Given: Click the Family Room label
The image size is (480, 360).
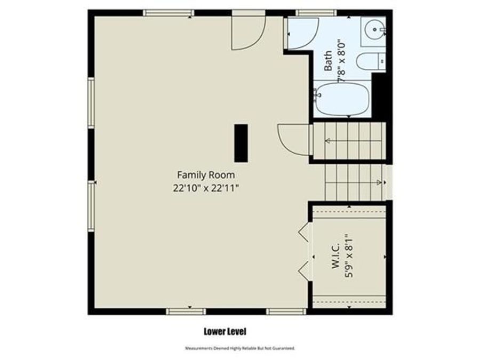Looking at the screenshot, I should click(x=205, y=174).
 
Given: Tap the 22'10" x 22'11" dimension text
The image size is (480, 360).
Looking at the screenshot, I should click(x=205, y=188).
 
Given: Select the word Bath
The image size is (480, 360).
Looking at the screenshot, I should click(x=328, y=60).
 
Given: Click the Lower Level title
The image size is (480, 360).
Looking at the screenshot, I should click(x=225, y=332).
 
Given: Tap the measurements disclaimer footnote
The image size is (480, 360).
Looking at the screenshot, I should click(x=239, y=348).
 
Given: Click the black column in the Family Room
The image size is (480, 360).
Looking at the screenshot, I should click(x=241, y=142).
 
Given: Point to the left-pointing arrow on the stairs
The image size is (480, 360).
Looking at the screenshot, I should click(x=329, y=141).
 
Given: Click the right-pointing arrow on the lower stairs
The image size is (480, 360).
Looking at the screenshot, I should click(x=378, y=182).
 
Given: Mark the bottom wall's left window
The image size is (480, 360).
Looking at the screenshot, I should click(x=186, y=311).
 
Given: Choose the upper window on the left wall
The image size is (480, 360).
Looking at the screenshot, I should click(x=91, y=102).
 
